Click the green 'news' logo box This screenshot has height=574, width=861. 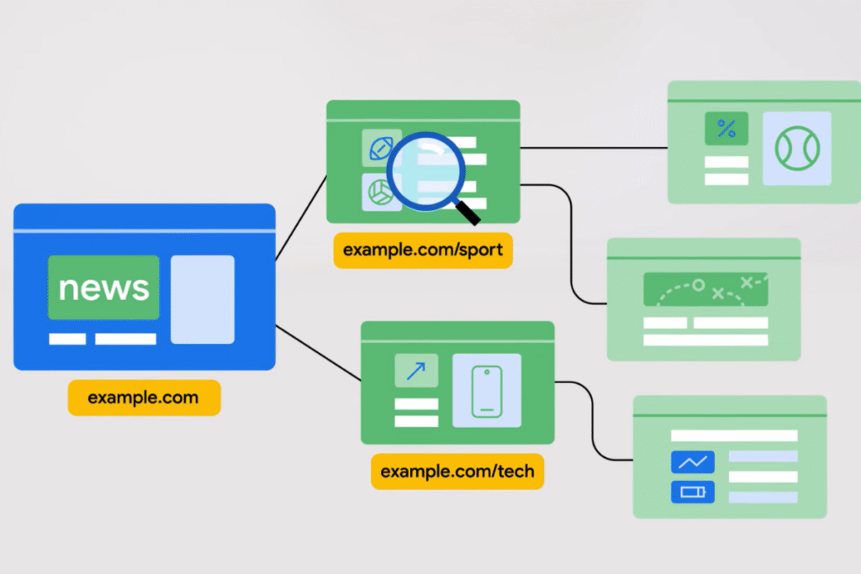point(103,287)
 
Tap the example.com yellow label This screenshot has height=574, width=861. point(144,398)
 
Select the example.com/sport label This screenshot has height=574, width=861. point(423,250)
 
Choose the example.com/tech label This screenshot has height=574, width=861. point(457,471)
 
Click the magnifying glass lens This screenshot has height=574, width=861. point(424,168)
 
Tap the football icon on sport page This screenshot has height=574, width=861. point(380,148)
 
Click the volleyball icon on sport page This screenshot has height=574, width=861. point(380,192)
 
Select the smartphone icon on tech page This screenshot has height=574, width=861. point(487,391)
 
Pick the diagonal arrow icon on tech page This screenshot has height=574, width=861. point(416,371)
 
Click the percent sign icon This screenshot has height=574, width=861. point(726,129)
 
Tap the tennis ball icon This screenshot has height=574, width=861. point(796,149)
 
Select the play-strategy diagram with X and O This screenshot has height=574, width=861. point(705,289)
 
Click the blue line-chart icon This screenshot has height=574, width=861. point(693,461)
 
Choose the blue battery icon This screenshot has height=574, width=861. point(693,492)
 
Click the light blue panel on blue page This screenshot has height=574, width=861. point(203,299)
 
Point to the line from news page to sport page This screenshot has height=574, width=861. point(301,218)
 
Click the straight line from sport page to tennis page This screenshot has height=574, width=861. point(594,148)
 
